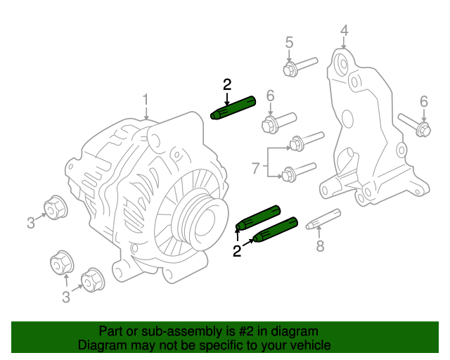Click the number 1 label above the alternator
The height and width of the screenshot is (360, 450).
coord(146,99)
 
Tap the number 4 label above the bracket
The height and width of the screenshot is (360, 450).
coord(344,30)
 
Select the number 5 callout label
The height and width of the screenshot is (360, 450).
coord(289,43)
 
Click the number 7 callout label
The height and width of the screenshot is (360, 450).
coord(256,167)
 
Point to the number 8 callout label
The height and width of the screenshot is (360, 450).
coord(320,246)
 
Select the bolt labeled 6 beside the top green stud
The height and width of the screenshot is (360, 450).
coord(278,121)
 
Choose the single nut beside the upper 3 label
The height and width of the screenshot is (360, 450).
coord(55,207)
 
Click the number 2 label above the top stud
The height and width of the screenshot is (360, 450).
coord(227,85)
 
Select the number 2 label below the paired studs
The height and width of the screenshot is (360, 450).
coord(237,251)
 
